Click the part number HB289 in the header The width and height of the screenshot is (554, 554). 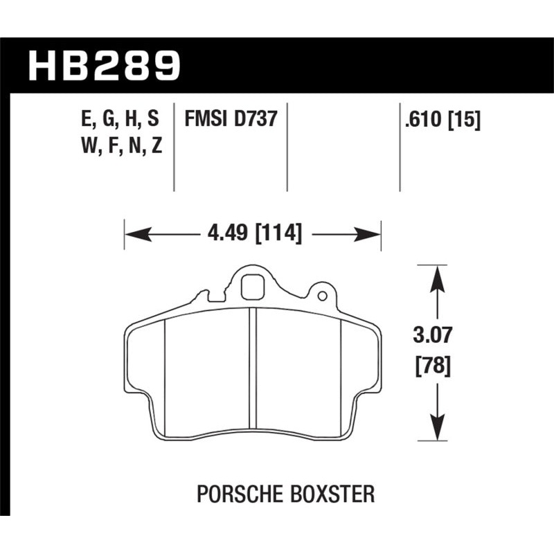[104, 64]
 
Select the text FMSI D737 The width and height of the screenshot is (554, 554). [231, 119]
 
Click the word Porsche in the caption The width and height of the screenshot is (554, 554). [233, 494]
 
